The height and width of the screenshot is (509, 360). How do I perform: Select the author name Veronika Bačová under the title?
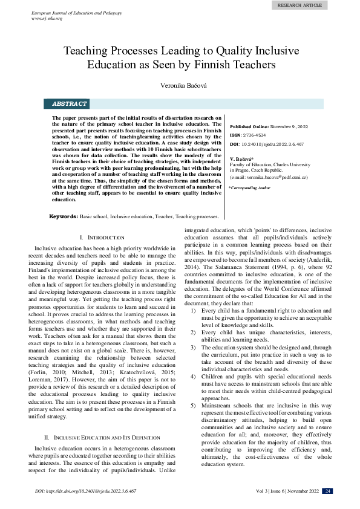(x=180, y=85)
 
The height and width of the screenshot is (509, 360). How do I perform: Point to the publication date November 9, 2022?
(x=289, y=126)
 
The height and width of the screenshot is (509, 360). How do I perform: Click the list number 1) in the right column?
(x=193, y=310)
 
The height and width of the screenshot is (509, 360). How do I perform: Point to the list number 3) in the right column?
(x=193, y=348)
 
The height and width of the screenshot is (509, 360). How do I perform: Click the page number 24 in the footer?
(x=327, y=491)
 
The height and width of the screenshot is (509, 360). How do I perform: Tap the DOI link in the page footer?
(x=85, y=491)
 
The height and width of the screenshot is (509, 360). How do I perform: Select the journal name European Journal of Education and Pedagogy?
(x=77, y=12)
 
